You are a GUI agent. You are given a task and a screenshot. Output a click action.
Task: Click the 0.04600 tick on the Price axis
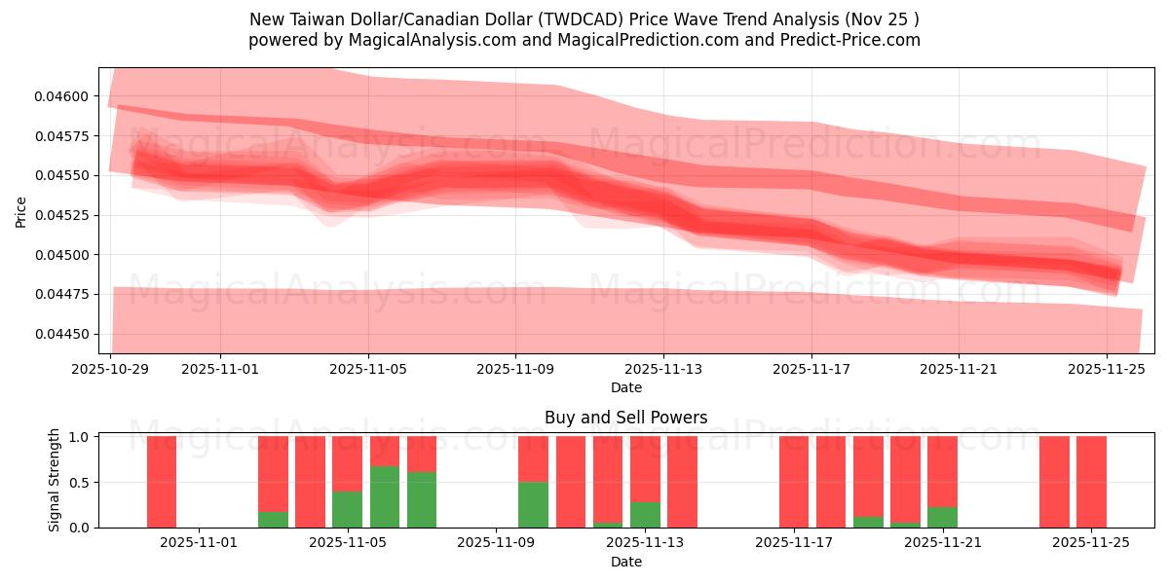point(62,96)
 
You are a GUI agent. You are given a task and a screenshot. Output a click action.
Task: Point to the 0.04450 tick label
point(62,334)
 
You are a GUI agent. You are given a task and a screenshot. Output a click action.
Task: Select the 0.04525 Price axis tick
point(62,215)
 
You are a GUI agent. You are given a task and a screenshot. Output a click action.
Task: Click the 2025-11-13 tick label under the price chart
point(663,369)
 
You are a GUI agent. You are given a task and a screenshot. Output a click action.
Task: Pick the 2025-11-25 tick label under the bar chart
point(1091,543)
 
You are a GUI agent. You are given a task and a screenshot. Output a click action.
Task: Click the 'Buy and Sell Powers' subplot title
point(625,418)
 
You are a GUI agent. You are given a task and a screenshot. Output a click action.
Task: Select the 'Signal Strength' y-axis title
point(55,480)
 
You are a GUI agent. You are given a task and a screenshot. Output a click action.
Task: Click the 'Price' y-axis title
point(21,211)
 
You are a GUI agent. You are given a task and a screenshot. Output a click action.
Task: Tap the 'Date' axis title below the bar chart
point(625,562)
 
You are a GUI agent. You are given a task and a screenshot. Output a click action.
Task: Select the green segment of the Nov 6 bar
point(385,497)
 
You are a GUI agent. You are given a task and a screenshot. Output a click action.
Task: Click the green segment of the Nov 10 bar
point(533,505)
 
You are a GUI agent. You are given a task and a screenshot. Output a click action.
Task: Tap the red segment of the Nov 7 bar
point(422,454)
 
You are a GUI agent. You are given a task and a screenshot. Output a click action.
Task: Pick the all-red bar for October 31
point(162,482)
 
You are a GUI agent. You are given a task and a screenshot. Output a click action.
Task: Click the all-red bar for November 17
point(793,482)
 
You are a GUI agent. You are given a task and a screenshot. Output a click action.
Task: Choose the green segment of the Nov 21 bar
point(942,517)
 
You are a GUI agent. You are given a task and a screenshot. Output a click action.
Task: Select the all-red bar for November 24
point(1054,482)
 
